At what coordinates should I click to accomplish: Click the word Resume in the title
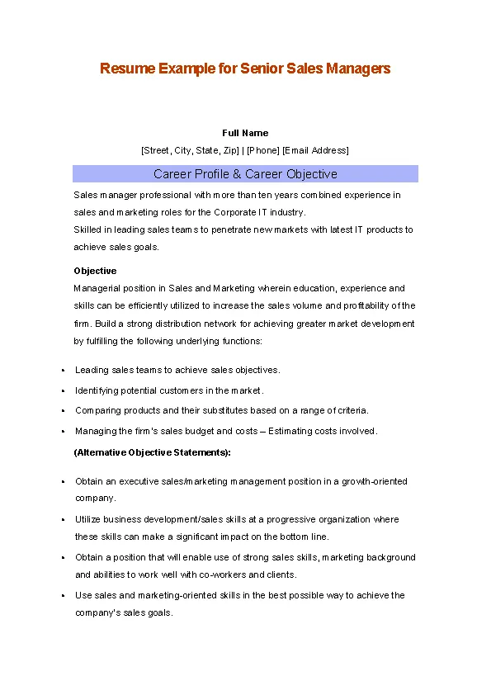[x=121, y=69]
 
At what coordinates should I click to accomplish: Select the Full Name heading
[x=245, y=133]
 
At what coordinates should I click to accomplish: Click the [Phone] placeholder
[x=262, y=150]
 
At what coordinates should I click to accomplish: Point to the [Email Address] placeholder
[x=315, y=150]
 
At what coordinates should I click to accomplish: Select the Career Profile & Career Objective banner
[x=245, y=174]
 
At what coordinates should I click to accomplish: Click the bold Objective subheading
[x=95, y=271]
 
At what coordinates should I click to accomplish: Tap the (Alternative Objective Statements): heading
[x=153, y=452]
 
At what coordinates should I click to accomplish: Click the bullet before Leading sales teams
[x=63, y=371]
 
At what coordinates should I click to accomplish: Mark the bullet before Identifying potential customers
[x=63, y=390]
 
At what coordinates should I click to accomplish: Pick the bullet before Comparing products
[x=63, y=411]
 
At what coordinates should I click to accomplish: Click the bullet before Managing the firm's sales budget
[x=63, y=432]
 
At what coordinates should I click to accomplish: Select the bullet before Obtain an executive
[x=63, y=482]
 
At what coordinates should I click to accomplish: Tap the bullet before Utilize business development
[x=63, y=520]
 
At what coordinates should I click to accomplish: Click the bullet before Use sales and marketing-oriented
[x=63, y=596]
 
